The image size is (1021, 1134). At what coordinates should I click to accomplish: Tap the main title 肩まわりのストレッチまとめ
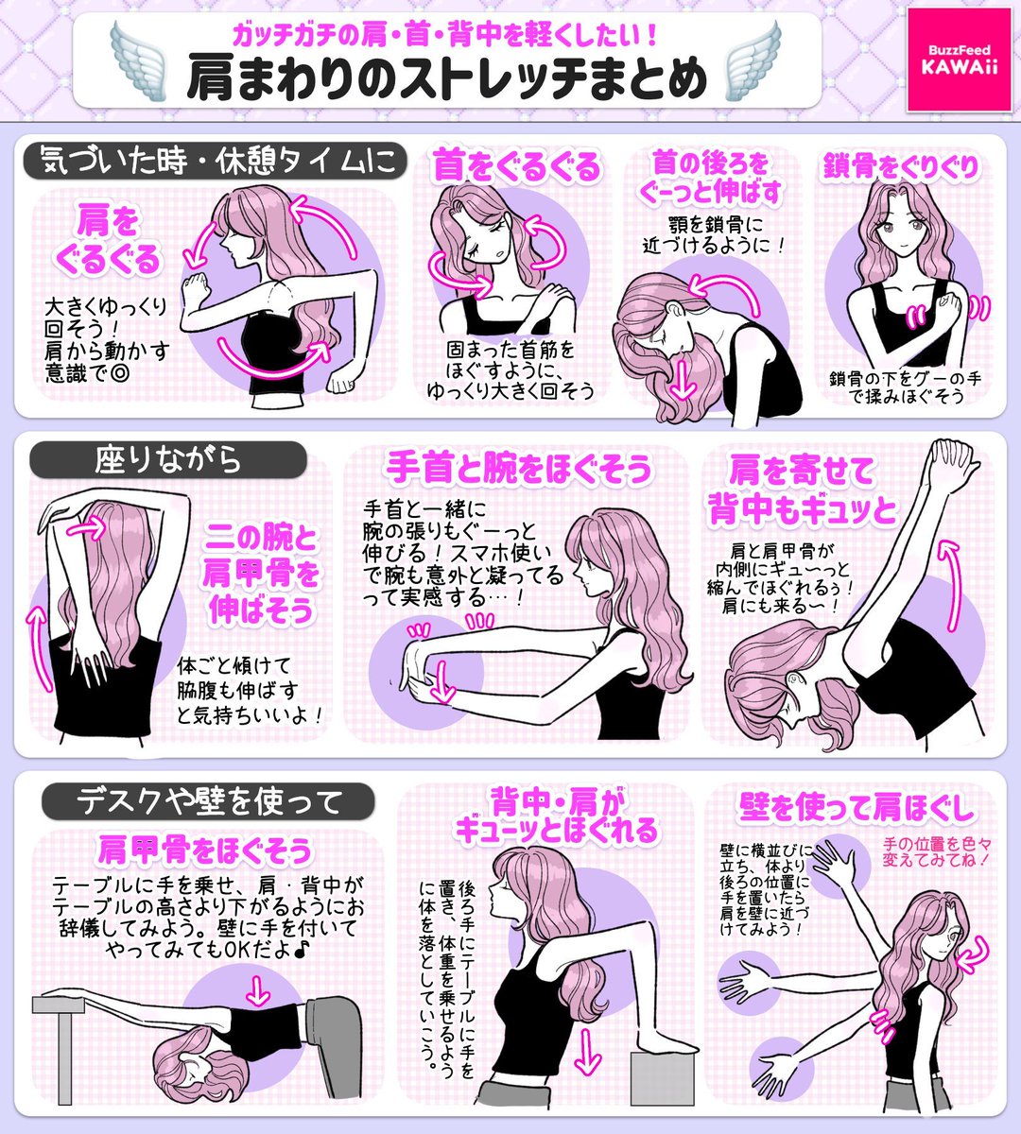tap(447, 78)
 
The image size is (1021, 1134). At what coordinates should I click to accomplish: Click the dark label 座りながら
tap(168, 460)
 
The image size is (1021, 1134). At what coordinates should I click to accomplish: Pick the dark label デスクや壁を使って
tap(208, 801)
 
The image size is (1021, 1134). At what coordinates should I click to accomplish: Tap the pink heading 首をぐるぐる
tap(516, 167)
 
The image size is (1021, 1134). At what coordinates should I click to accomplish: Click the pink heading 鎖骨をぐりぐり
tap(901, 165)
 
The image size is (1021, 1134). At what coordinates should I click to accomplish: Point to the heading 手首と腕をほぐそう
tap(518, 469)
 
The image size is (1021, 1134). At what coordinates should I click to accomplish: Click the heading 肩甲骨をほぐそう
tap(205, 850)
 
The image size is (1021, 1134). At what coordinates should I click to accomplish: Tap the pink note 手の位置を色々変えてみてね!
tap(937, 852)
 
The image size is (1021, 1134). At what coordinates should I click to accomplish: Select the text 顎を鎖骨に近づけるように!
tap(714, 235)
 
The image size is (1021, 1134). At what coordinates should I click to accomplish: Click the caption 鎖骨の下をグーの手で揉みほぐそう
tap(905, 387)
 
